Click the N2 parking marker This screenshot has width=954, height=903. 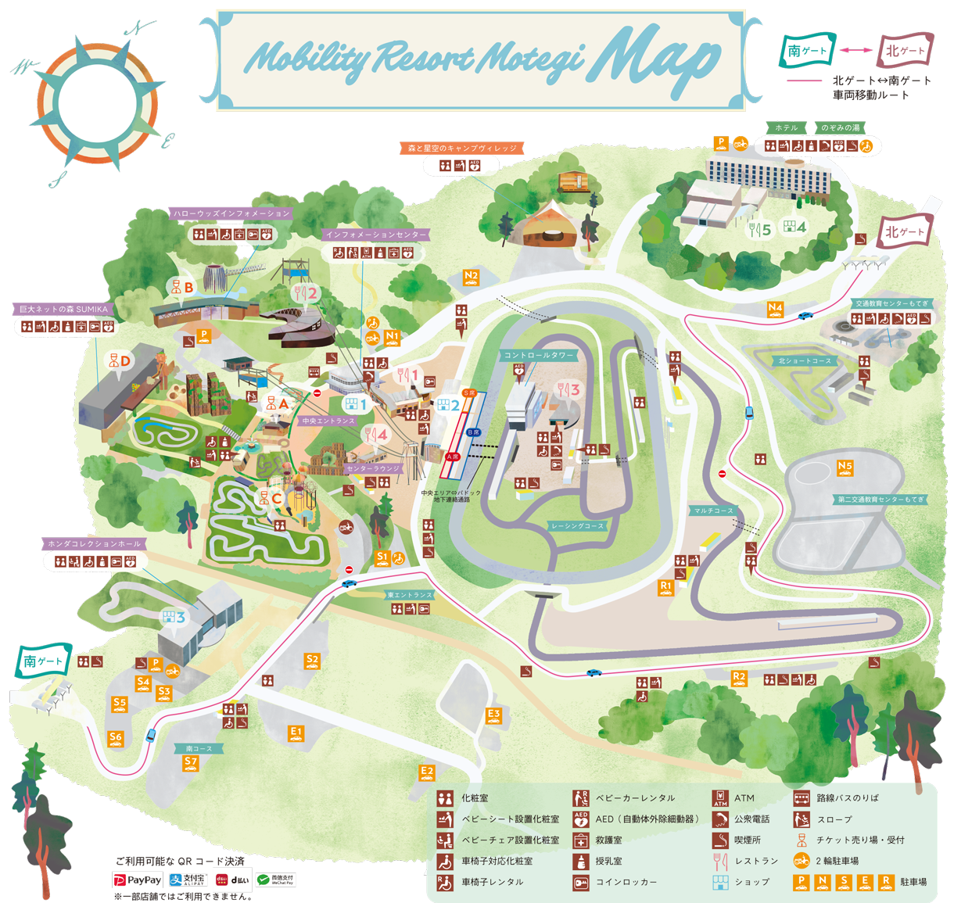[471, 277]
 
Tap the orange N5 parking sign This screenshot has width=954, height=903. [845, 468]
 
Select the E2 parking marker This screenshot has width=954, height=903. [426, 772]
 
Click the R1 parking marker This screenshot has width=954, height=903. [665, 586]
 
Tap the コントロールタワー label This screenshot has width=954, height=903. [539, 355]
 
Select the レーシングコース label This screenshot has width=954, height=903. [577, 526]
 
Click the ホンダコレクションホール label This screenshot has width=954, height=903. [94, 543]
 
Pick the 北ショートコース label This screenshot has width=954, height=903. [805, 360]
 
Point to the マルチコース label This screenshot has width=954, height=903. [713, 511]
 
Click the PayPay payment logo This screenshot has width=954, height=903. [138, 880]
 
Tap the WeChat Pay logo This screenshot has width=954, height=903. [275, 880]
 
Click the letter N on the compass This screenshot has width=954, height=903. [139, 28]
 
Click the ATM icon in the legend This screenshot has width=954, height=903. [720, 798]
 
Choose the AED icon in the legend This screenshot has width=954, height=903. [580, 819]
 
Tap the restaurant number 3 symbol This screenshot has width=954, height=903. [569, 389]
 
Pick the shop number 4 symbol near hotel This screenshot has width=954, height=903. [794, 228]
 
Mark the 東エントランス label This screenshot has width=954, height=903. [409, 595]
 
